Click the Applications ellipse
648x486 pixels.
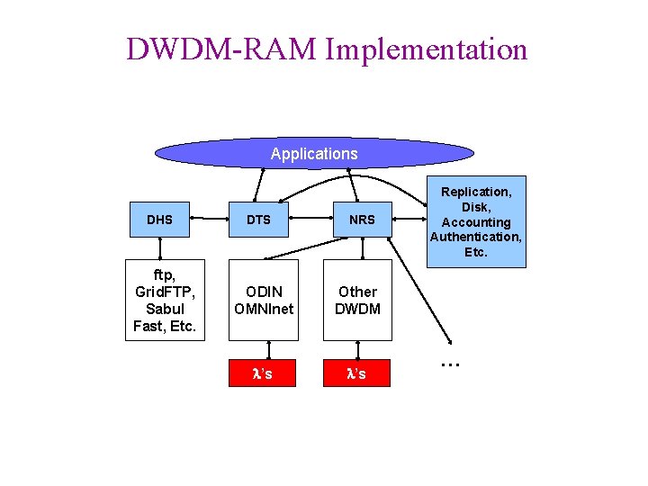pyautogui.click(x=314, y=154)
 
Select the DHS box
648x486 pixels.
pyautogui.click(x=159, y=219)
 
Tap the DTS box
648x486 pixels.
pyautogui.click(x=258, y=219)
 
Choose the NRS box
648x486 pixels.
pyautogui.click(x=362, y=219)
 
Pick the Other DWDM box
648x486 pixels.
pyautogui.click(x=357, y=300)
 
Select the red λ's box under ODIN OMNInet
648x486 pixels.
pyautogui.click(x=262, y=373)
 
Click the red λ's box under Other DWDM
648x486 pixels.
pyautogui.click(x=357, y=373)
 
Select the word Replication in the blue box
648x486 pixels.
pyautogui.click(x=476, y=192)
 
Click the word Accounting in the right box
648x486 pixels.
pyautogui.click(x=476, y=222)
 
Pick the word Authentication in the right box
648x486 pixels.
pyautogui.click(x=476, y=237)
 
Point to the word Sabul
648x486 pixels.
pyautogui.click(x=165, y=309)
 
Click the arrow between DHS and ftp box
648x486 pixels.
pyautogui.click(x=160, y=248)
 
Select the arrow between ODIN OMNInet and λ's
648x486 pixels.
pyautogui.click(x=267, y=350)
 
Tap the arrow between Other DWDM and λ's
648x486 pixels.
pyautogui.click(x=357, y=350)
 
